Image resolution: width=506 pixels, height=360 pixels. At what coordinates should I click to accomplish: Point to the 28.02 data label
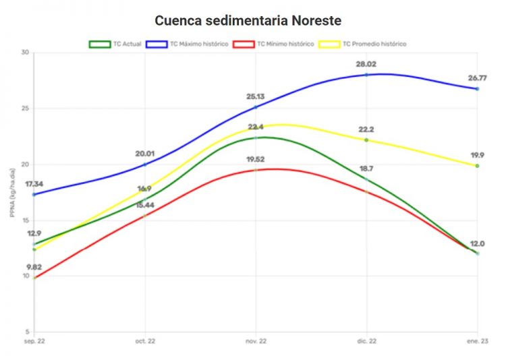pos(366,64)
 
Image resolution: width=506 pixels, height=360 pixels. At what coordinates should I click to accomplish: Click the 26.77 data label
pos(477,78)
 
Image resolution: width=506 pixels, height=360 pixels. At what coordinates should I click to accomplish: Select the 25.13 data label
pos(256,96)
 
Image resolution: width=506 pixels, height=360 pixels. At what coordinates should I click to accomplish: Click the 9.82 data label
pos(34,267)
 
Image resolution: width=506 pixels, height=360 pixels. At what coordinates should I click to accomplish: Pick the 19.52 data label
pos(256,160)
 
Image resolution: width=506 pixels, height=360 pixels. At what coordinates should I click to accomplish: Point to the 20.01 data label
pos(145,154)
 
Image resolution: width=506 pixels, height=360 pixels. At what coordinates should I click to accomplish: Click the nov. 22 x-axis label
pos(256,342)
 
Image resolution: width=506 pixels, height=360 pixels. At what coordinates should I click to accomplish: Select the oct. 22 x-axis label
pos(145,342)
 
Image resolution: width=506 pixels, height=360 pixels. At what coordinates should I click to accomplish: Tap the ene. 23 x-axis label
pos(476,342)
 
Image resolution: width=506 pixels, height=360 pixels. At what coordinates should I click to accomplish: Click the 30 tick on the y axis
pos(25,53)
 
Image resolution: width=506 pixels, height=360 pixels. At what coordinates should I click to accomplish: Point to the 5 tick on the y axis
pos(27,332)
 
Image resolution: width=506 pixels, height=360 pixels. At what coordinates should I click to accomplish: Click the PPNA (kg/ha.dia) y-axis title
pos(13,193)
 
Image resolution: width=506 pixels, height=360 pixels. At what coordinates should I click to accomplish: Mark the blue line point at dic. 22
pos(366,75)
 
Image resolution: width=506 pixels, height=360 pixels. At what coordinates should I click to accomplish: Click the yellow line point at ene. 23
pos(477,165)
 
